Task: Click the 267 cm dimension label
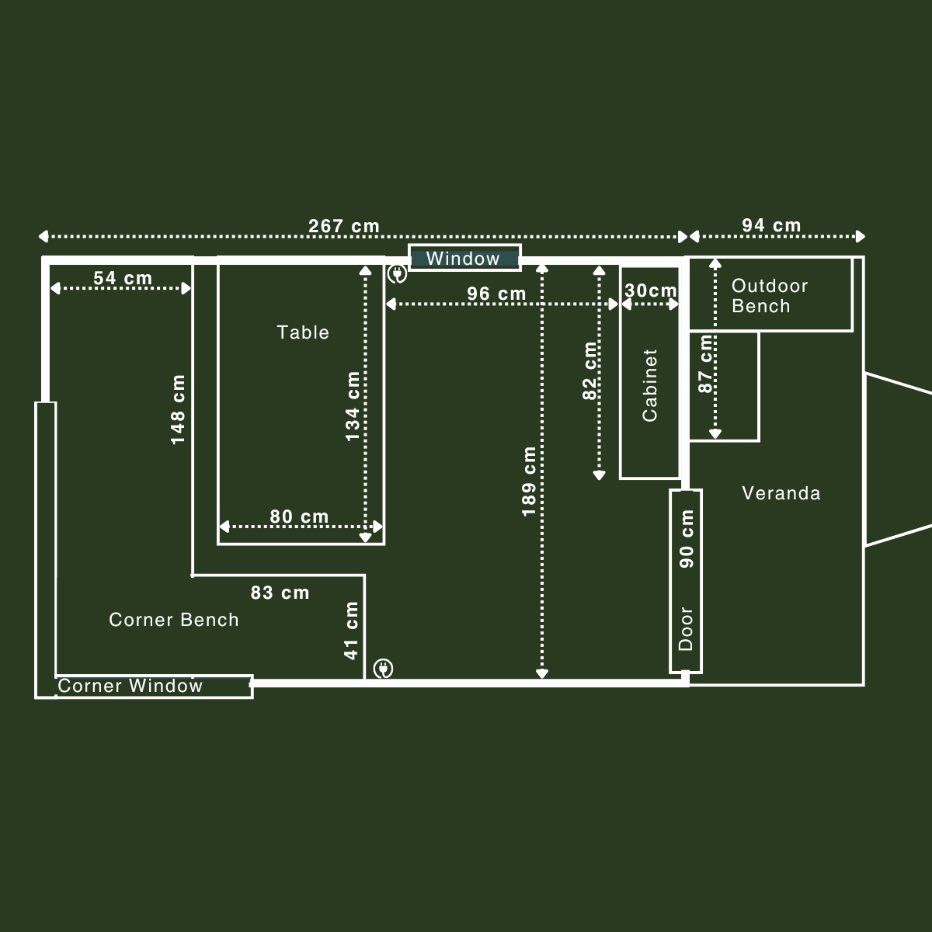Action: [344, 226]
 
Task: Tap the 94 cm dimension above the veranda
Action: [770, 225]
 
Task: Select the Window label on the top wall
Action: [463, 259]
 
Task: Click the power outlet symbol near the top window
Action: [397, 273]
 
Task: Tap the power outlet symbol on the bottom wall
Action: [383, 668]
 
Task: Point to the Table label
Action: [303, 332]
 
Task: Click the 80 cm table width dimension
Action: [299, 516]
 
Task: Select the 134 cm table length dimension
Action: [353, 406]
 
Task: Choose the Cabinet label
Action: [650, 385]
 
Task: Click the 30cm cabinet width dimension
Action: [651, 290]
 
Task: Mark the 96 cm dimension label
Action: [496, 294]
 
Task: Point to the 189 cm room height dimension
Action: [529, 482]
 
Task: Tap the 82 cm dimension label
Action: [590, 370]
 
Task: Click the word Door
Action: [686, 628]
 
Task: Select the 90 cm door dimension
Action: [687, 539]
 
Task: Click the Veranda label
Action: [781, 493]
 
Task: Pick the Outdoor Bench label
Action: [769, 296]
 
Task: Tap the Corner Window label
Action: [130, 686]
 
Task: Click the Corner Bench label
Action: [174, 619]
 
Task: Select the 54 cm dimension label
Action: [123, 278]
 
